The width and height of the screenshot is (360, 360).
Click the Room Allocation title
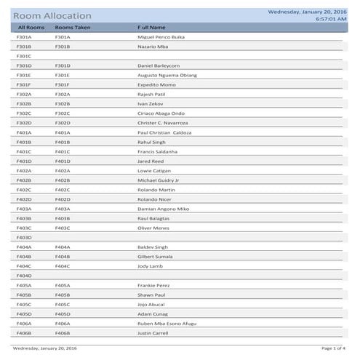click(x=52, y=15)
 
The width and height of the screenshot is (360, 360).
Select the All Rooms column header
click(x=31, y=27)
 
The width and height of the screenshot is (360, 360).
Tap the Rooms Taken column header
click(x=72, y=27)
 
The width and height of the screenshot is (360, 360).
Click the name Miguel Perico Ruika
click(x=161, y=37)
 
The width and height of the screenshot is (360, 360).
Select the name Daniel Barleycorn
click(x=159, y=65)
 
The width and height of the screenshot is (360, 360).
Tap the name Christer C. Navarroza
click(x=163, y=123)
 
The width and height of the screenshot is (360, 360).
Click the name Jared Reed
click(x=151, y=161)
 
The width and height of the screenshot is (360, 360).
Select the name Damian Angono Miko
click(x=163, y=209)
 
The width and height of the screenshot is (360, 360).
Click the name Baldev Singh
click(x=153, y=247)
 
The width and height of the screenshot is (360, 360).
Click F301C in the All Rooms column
click(x=24, y=56)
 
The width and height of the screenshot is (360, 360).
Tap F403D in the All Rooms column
click(x=24, y=237)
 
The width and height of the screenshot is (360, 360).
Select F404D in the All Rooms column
click(x=24, y=276)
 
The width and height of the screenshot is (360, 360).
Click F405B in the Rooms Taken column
click(x=63, y=295)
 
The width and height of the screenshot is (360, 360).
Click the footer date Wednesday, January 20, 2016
click(x=45, y=349)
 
